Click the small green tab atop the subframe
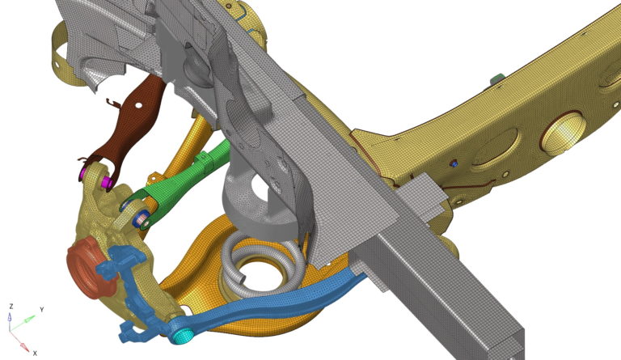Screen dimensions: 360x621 pos(496,78)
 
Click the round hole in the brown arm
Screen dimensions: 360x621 pos(144,103)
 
